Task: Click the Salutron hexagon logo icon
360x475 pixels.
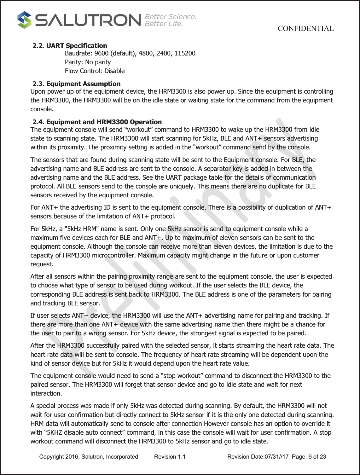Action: (x=24, y=20)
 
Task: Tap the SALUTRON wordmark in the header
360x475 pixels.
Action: (x=88, y=20)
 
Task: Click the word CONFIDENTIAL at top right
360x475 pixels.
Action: (x=305, y=29)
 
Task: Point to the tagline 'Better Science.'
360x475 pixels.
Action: (x=170, y=17)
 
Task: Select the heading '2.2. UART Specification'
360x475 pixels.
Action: (x=70, y=46)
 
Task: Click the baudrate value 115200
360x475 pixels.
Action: (x=185, y=53)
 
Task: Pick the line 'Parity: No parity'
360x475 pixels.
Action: (x=88, y=62)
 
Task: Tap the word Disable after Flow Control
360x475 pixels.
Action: (x=114, y=71)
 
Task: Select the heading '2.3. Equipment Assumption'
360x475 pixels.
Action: (x=77, y=84)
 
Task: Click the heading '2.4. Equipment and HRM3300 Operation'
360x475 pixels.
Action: (x=97, y=122)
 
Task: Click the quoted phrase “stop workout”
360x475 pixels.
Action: (x=182, y=376)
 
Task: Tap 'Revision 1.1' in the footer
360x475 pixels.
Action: (x=170, y=457)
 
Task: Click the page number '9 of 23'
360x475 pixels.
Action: (x=317, y=457)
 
